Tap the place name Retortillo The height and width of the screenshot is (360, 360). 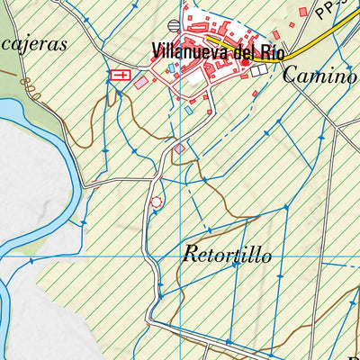click(x=226, y=255)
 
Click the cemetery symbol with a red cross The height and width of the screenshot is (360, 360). click(x=117, y=76)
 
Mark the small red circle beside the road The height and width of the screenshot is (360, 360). click(x=157, y=202)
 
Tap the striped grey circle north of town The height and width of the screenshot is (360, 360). click(x=174, y=25)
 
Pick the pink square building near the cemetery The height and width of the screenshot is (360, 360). click(x=141, y=82)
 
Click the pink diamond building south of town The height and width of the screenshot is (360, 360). click(x=179, y=148)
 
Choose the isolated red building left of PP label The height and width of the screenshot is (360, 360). click(x=303, y=12)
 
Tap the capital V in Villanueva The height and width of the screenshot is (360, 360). click(x=157, y=49)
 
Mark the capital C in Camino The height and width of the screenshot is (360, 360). click(x=288, y=76)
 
